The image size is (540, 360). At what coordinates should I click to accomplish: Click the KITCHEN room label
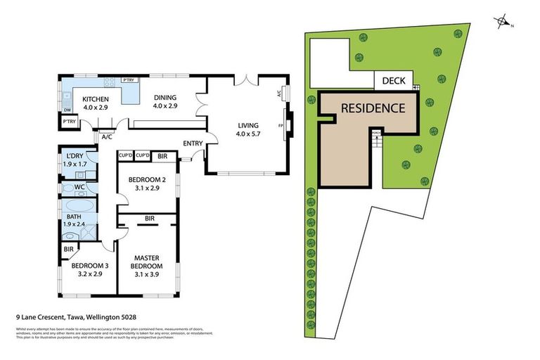[x=96, y=99]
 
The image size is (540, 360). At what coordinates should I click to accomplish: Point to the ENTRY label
[x=192, y=143]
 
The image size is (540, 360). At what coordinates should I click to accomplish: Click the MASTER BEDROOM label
[x=147, y=262]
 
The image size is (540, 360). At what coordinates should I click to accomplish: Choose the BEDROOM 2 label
[x=146, y=180]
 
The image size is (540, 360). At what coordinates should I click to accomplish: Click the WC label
[x=79, y=187]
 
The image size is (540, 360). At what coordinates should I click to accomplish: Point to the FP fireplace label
[x=281, y=126]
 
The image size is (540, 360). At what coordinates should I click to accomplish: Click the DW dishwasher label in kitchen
[x=67, y=110]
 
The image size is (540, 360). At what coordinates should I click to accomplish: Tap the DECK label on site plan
[x=393, y=81]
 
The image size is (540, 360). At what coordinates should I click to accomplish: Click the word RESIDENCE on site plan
[x=373, y=108]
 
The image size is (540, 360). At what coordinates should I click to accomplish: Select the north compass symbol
[x=503, y=22]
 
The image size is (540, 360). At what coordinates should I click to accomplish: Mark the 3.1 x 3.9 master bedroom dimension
[x=147, y=275]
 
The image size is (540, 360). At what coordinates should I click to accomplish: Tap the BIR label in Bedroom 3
[x=69, y=249]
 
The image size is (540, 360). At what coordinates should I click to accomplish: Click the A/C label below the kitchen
[x=107, y=137]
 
